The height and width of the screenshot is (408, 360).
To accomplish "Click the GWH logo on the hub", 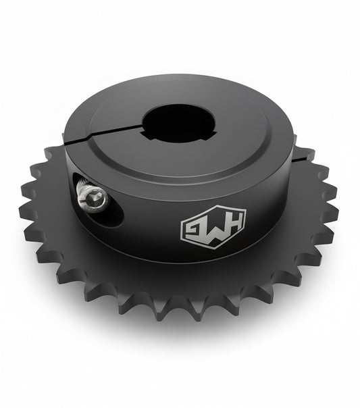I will click(213, 227).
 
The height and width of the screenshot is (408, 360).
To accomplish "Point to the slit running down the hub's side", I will click(68, 169).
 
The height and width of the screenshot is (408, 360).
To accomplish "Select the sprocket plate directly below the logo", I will click(215, 277).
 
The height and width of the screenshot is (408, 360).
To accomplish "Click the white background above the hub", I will click(180, 34).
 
